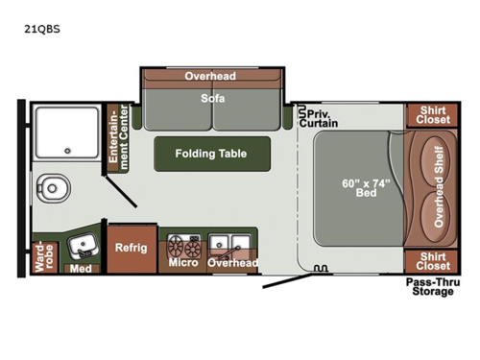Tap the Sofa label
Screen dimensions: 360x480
click(212, 98)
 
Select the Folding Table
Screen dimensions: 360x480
click(211, 153)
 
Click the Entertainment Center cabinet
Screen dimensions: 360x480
click(117, 139)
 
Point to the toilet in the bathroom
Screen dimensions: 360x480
click(47, 187)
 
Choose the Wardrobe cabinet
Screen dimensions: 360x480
click(41, 255)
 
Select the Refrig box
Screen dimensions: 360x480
click(132, 248)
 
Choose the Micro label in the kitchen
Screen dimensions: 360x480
click(182, 262)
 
